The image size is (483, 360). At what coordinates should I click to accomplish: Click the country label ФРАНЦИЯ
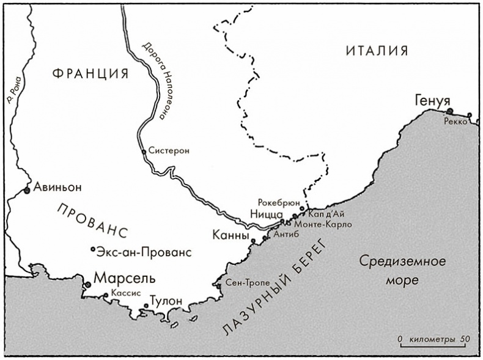(90, 74)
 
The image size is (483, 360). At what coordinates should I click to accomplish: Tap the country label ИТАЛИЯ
(377, 50)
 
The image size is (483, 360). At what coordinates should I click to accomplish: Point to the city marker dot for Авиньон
(27, 191)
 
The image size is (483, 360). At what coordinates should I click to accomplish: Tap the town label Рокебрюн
(279, 201)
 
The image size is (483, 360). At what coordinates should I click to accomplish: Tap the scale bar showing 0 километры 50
(433, 340)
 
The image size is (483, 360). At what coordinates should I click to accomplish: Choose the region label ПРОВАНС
(92, 221)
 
